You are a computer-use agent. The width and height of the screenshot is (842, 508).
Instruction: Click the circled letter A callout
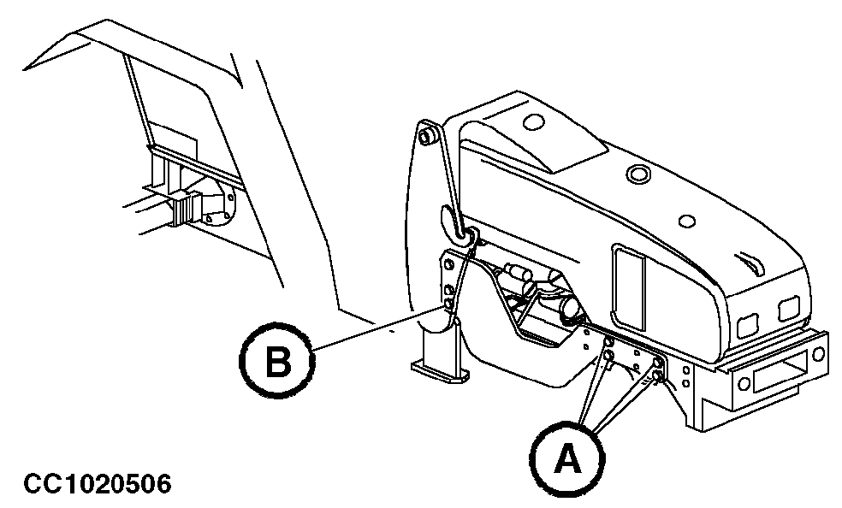[x=565, y=459]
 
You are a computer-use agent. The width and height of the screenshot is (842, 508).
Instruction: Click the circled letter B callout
[x=276, y=363]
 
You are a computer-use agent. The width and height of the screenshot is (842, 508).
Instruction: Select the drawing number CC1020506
[x=98, y=484]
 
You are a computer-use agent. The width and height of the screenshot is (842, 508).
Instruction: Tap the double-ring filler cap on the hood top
[x=637, y=174]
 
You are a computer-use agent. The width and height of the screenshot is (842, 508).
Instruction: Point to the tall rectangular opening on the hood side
[x=630, y=288]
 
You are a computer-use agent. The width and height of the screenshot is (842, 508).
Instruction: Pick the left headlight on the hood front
[x=747, y=323]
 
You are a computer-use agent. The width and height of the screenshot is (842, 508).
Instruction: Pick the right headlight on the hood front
[x=789, y=308]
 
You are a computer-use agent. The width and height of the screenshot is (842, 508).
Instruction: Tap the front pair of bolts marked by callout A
[x=657, y=369]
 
